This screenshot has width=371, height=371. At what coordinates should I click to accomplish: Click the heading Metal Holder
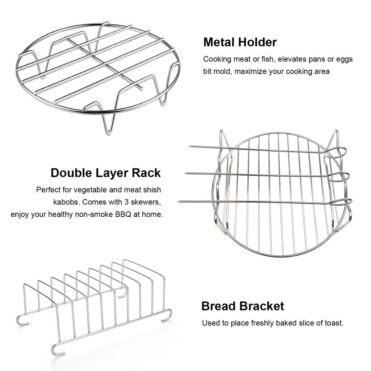coord(240,42)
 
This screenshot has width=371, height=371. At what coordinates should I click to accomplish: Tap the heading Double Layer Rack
coord(105,173)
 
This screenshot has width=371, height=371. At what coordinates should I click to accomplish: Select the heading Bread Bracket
coord(243,306)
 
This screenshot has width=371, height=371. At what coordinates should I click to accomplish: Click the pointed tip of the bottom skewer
coord(180,201)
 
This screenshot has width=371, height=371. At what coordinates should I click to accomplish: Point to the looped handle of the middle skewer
coord(342,176)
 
